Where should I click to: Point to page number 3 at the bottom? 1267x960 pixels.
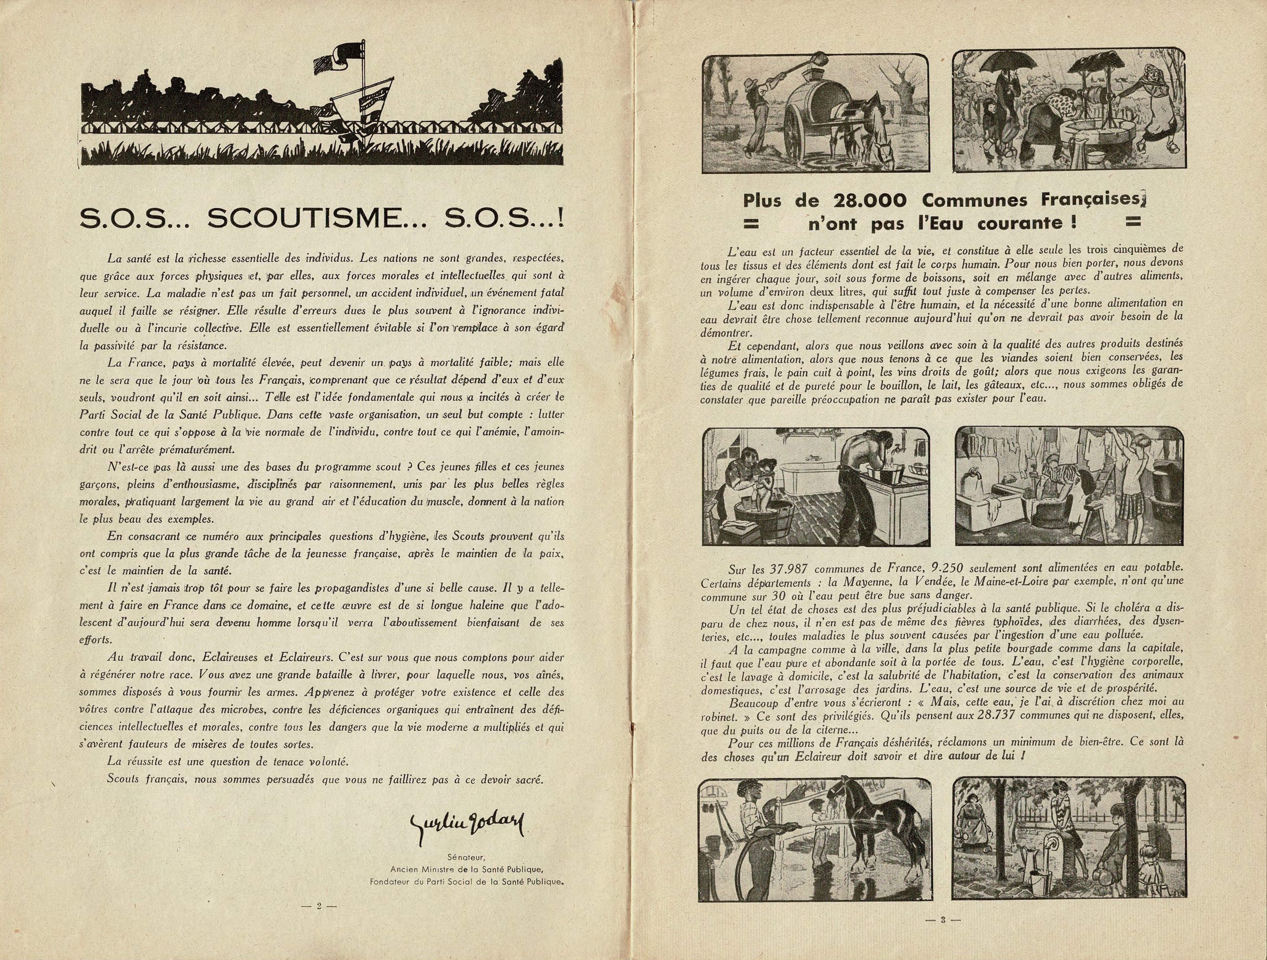(x=942, y=920)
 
